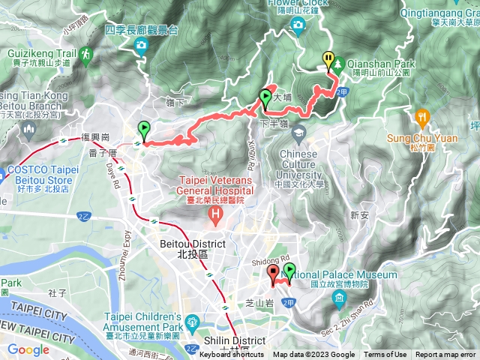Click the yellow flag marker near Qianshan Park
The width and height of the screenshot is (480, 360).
[328, 58]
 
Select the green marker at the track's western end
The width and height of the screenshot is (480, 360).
[143, 130]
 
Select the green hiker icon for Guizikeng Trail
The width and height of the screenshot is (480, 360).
[85, 54]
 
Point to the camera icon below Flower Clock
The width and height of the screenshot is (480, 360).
[298, 27]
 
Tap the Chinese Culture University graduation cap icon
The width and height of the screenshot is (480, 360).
[299, 133]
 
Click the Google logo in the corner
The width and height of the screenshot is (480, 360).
[28, 349]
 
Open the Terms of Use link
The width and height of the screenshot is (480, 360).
[385, 355]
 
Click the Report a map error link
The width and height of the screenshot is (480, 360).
[446, 355]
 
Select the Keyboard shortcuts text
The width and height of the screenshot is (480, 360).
[232, 355]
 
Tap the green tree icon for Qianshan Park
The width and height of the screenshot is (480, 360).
[339, 64]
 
